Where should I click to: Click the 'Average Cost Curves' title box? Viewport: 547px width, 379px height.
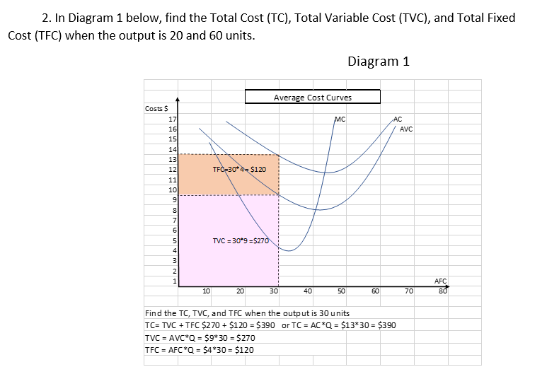[x=313, y=97]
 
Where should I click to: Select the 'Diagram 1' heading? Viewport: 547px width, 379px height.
[x=379, y=61]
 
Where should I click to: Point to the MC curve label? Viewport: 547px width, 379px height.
[x=340, y=119]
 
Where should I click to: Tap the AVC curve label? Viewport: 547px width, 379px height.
[x=405, y=129]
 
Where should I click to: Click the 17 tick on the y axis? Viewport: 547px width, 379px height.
[x=172, y=120]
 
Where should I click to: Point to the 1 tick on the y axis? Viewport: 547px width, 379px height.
[x=173, y=281]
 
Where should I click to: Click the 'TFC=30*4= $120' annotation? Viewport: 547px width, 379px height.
[x=239, y=170]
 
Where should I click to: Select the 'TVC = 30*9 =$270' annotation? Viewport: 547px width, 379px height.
[x=241, y=240]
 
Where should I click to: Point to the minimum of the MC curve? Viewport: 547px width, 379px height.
[x=295, y=250]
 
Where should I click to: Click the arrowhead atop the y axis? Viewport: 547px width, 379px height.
[x=178, y=102]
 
